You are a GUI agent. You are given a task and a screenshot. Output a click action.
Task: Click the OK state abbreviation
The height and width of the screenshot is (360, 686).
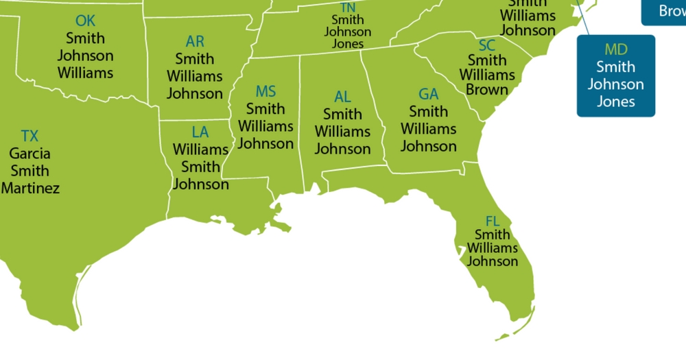tap(86, 21)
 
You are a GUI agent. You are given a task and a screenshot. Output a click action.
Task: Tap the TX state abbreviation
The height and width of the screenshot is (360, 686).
tap(29, 136)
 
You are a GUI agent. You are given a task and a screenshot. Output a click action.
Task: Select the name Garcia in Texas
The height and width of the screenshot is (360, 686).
tap(29, 154)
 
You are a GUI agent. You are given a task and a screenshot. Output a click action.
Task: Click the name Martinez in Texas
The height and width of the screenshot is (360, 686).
tap(30, 188)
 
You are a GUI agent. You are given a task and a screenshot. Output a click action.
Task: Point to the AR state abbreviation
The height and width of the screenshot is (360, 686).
tap(195, 43)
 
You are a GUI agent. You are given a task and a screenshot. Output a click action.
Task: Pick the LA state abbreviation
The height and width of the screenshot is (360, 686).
tap(200, 132)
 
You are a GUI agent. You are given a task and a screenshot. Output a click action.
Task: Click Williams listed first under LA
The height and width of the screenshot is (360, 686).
tap(200, 149)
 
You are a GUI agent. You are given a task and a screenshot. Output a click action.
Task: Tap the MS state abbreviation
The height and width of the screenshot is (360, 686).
tap(265, 92)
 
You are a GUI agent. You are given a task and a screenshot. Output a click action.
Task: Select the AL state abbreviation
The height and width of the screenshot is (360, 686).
tap(342, 97)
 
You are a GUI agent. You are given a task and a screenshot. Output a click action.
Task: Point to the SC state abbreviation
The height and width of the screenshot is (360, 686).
tap(487, 45)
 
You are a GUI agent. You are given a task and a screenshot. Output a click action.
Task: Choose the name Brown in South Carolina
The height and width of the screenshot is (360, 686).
tap(487, 90)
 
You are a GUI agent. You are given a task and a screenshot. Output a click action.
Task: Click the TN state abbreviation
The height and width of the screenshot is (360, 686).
tap(348, 8)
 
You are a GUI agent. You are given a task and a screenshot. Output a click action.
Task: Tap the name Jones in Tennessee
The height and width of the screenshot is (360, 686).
tap(348, 43)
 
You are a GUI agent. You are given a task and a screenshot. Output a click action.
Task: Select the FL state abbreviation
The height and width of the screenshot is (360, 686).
tap(493, 221)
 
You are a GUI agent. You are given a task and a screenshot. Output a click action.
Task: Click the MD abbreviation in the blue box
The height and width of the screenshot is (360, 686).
tap(616, 50)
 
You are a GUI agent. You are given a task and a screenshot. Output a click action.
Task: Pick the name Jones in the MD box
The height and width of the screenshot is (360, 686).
tap(616, 101)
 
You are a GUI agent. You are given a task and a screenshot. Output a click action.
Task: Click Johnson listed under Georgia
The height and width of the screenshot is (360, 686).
tap(429, 146)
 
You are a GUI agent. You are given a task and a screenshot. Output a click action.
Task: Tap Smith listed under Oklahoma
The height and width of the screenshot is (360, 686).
tap(86, 38)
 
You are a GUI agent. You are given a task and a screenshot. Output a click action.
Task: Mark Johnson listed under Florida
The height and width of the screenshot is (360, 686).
tap(493, 261)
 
